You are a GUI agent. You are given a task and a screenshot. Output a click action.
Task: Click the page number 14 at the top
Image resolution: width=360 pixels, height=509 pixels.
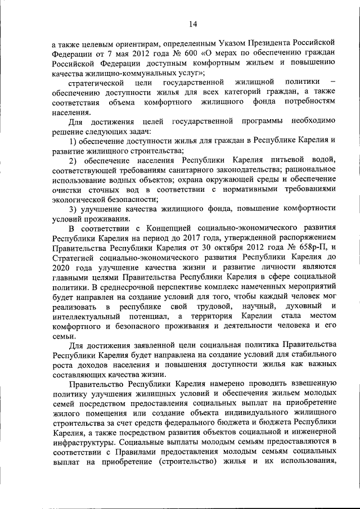(193, 23)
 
